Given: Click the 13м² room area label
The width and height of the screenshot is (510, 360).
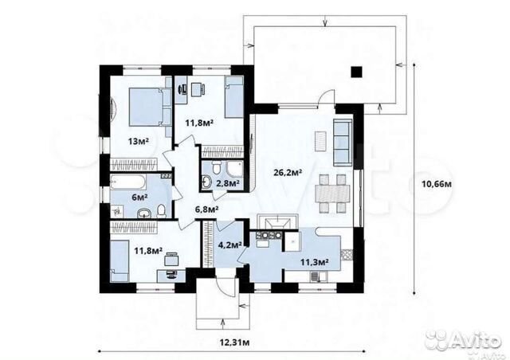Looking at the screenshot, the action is [x=138, y=141].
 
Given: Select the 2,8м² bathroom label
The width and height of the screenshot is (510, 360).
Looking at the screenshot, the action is [x=228, y=183].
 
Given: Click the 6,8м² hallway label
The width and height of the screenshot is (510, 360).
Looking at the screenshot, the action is [x=206, y=209].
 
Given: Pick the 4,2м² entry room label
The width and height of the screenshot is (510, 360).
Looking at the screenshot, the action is [x=229, y=245].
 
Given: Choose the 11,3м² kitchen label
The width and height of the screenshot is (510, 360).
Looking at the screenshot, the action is [x=313, y=261].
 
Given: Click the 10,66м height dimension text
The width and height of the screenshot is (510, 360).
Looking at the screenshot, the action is [x=437, y=184].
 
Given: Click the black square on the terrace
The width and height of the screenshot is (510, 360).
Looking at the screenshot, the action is [x=356, y=72].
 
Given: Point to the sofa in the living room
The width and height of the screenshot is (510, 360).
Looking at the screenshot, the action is [x=342, y=142].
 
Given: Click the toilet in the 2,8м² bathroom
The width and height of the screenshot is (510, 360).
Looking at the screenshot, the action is [x=216, y=168].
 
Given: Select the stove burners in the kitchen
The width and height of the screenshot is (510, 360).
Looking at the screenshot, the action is [x=269, y=235].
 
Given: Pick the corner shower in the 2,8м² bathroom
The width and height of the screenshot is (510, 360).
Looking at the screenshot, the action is [x=234, y=169].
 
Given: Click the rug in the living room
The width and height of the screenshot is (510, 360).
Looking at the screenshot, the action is [x=320, y=141].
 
